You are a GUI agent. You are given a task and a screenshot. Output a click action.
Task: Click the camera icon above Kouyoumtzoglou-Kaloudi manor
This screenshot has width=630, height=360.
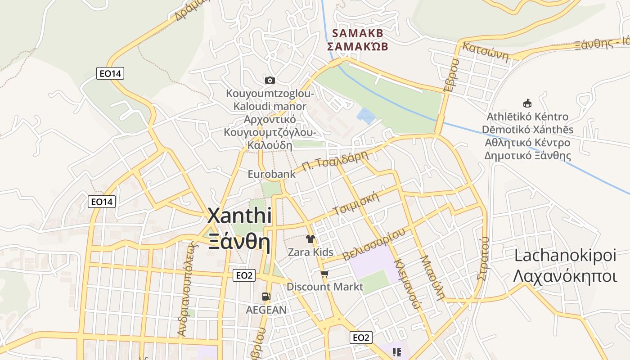[270, 81]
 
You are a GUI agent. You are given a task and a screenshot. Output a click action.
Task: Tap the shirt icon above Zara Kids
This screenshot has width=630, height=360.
[310, 238]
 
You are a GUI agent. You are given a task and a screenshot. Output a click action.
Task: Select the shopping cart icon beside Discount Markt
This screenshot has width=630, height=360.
[325, 274]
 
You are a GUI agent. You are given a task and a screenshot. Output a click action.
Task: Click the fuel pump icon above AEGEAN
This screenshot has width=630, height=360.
[266, 297]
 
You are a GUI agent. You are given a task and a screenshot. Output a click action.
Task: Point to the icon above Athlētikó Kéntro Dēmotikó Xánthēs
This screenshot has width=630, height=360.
[527, 103]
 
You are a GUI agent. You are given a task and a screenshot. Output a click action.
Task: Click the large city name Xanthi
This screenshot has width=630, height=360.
[239, 216]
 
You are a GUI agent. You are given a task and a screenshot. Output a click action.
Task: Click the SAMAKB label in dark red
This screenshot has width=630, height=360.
[357, 33]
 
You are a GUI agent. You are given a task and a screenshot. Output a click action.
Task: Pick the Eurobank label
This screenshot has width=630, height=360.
[272, 174]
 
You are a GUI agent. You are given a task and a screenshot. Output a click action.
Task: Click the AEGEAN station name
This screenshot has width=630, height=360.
[266, 310]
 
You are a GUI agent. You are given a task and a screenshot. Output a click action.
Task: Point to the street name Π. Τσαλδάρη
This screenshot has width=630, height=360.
[335, 161]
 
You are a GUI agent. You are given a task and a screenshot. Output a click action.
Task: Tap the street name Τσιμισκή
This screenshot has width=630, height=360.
[356, 203]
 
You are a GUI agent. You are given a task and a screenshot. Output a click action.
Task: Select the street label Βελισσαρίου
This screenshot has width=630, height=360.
[373, 244]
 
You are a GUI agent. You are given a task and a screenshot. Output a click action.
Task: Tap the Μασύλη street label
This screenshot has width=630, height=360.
[432, 278]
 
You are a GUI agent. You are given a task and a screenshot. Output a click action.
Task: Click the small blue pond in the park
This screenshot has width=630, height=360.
[366, 116]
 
